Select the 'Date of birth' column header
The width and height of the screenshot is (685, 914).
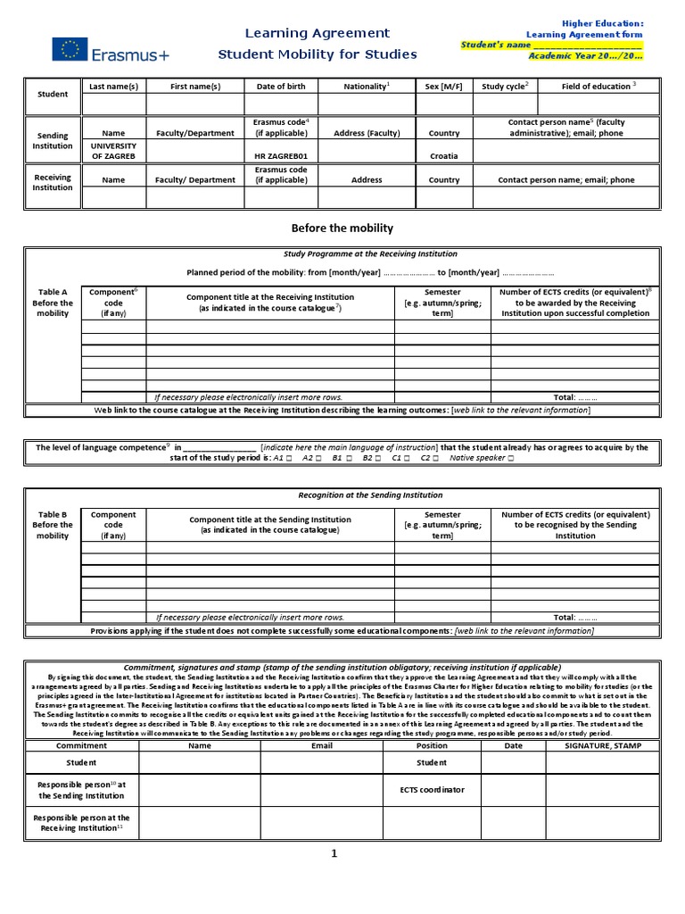coord(281,87)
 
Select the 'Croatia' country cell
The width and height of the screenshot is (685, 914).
coord(443,155)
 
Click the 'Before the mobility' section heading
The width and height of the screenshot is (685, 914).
coord(342,228)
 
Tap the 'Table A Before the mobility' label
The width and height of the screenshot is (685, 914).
coord(53,303)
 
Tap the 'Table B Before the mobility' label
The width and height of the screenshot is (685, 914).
coord(53,525)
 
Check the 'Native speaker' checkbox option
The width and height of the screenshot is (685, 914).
coord(510,458)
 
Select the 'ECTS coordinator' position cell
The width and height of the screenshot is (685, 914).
coord(432,789)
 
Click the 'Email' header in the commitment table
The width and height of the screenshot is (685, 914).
coord(321,745)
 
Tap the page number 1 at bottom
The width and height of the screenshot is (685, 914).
coord(334,853)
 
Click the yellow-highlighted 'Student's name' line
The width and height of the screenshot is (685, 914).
coord(550,44)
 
